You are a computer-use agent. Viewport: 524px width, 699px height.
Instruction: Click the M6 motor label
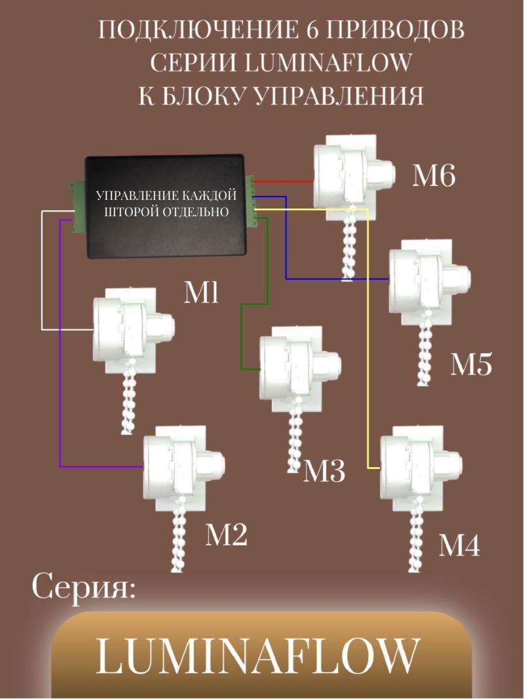(x=433, y=176)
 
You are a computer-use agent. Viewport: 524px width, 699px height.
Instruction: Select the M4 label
(x=458, y=545)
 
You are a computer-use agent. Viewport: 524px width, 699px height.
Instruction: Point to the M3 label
(x=324, y=471)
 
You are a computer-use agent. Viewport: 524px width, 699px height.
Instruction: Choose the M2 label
(x=227, y=535)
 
